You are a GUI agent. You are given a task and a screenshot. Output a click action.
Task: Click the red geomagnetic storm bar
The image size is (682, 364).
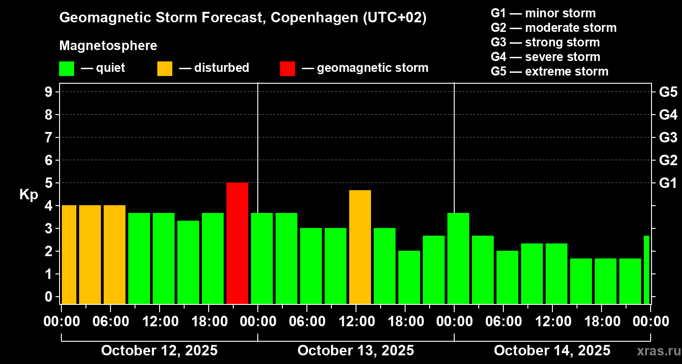tap(237, 243)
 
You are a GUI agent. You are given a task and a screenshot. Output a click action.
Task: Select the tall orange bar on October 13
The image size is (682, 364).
tap(360, 247)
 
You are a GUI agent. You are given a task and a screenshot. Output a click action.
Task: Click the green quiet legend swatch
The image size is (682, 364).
tap(66, 68)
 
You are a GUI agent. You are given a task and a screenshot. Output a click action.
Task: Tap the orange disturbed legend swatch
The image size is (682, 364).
tap(165, 68)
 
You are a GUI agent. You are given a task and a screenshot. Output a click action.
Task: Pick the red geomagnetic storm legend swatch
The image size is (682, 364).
tap(287, 68)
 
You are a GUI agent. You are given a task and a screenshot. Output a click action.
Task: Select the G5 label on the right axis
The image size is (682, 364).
tap(668, 92)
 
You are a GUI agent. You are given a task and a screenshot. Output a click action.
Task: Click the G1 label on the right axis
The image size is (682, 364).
tap(668, 183)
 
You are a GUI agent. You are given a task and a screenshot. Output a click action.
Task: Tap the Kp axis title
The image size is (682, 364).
tap(29, 195)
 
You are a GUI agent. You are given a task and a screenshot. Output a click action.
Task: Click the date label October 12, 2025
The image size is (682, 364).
tap(159, 351)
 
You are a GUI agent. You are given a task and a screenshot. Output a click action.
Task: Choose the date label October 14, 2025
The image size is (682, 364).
tap(552, 351)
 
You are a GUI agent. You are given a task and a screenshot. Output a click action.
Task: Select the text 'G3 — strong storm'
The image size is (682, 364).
tap(545, 42)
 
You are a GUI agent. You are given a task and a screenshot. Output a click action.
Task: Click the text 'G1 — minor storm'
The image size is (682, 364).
tap(543, 13)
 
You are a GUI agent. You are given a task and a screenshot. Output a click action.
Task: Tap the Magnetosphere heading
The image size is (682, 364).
tap(108, 46)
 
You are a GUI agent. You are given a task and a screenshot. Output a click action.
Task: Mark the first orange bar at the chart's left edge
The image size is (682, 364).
tap(69, 254)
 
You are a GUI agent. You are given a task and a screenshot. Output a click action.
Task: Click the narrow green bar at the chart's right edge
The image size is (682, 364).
tap(647, 269)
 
